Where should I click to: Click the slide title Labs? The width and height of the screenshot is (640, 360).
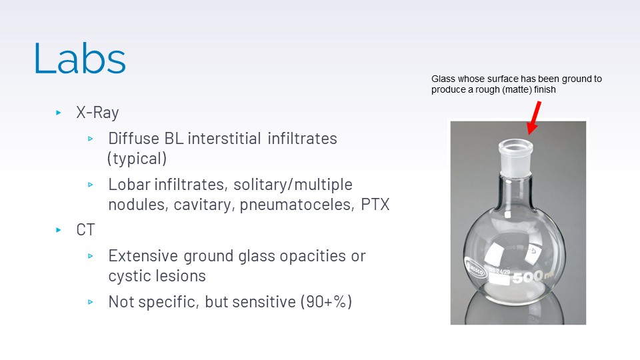tap(79, 59)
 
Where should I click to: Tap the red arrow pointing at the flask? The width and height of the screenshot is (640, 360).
tap(534, 118)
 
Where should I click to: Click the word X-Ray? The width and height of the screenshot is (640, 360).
tap(97, 112)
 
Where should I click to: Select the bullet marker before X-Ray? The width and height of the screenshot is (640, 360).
tap(59, 112)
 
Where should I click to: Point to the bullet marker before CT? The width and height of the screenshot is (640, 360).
tap(59, 230)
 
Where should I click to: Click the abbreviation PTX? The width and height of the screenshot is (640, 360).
tap(375, 204)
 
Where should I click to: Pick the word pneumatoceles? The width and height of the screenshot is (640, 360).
tap(297, 205)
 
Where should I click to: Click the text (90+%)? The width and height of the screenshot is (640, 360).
tap(326, 302)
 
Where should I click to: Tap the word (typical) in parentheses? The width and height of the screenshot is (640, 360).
tap(137, 159)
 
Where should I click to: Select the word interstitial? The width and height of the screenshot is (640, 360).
tap(224, 139)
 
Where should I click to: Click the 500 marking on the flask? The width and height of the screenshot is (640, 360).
tap(528, 277)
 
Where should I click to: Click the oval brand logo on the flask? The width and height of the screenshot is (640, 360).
tap(476, 269)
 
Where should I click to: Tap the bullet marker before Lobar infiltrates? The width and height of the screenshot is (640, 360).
tap(90, 185)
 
